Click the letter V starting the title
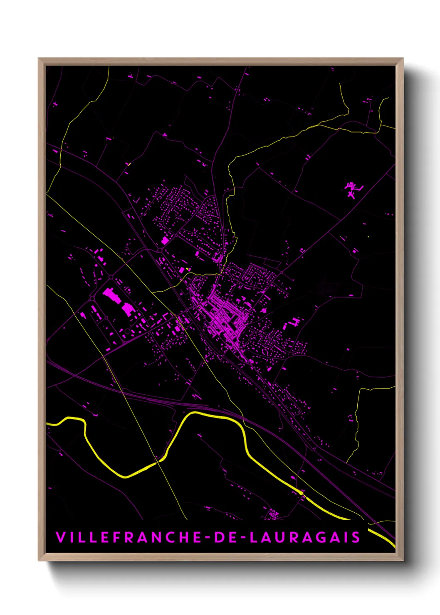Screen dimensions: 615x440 [x=60, y=537]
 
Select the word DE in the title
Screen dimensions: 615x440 [x=227, y=537]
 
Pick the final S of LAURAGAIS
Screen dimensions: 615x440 [x=356, y=537]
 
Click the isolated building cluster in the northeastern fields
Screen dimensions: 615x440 [x=352, y=189]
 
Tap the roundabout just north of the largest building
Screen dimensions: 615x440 [x=111, y=277]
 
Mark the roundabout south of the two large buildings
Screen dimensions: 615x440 [x=106, y=318]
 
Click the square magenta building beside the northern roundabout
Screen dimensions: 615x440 [x=165, y=241]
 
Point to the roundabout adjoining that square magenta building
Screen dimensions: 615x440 [x=160, y=249]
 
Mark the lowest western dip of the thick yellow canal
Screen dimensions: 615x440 [x=125, y=477]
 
